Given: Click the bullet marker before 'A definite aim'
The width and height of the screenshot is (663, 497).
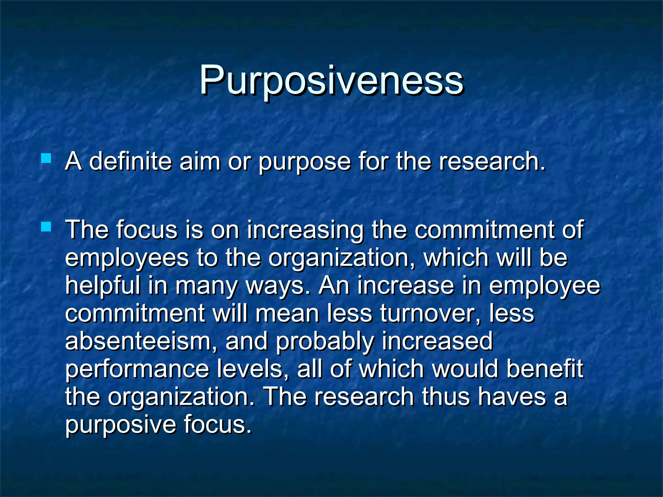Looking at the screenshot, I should tap(46, 158).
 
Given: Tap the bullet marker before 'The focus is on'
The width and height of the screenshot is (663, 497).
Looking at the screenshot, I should tap(46, 227).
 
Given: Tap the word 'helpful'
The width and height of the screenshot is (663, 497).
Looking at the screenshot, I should tap(103, 286).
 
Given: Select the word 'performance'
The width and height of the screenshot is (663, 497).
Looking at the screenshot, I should tap(137, 370).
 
